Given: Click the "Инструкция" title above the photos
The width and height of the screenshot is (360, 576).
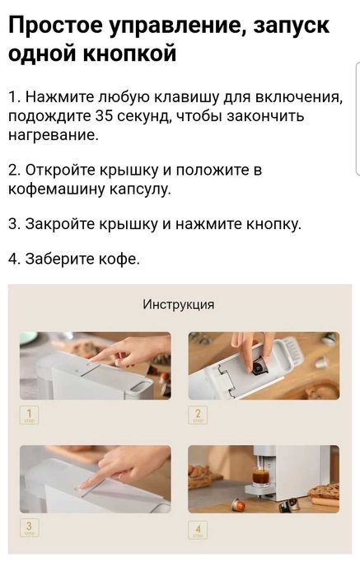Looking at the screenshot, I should (x=179, y=305).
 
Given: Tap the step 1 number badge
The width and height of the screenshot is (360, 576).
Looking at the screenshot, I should (x=30, y=414).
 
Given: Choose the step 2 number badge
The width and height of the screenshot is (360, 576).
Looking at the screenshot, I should (x=199, y=414).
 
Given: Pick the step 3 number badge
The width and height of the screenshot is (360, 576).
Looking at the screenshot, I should (x=30, y=528).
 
